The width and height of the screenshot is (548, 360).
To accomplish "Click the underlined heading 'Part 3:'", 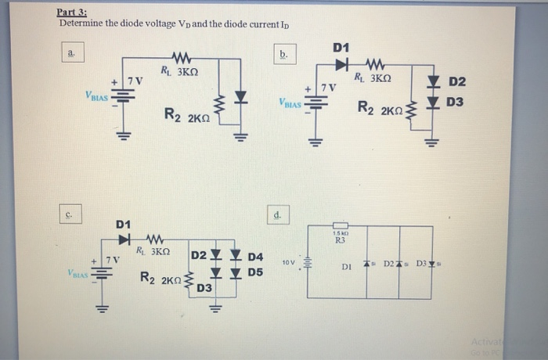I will pos(72,13).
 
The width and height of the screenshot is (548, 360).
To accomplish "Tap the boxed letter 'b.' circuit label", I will pos(283,54).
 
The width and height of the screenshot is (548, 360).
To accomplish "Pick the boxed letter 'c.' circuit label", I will pos(70,212).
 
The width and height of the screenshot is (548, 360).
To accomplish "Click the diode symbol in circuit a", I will pos(241,98).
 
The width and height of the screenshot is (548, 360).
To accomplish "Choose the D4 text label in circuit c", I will pos(256,257).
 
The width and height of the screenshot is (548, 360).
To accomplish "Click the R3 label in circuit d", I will pos(340,241).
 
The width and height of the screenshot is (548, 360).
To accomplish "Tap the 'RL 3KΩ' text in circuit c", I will pos(153,252).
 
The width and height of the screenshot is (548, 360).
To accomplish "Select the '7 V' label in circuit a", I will pos(135,81).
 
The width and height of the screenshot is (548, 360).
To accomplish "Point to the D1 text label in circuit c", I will pos(124,225).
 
